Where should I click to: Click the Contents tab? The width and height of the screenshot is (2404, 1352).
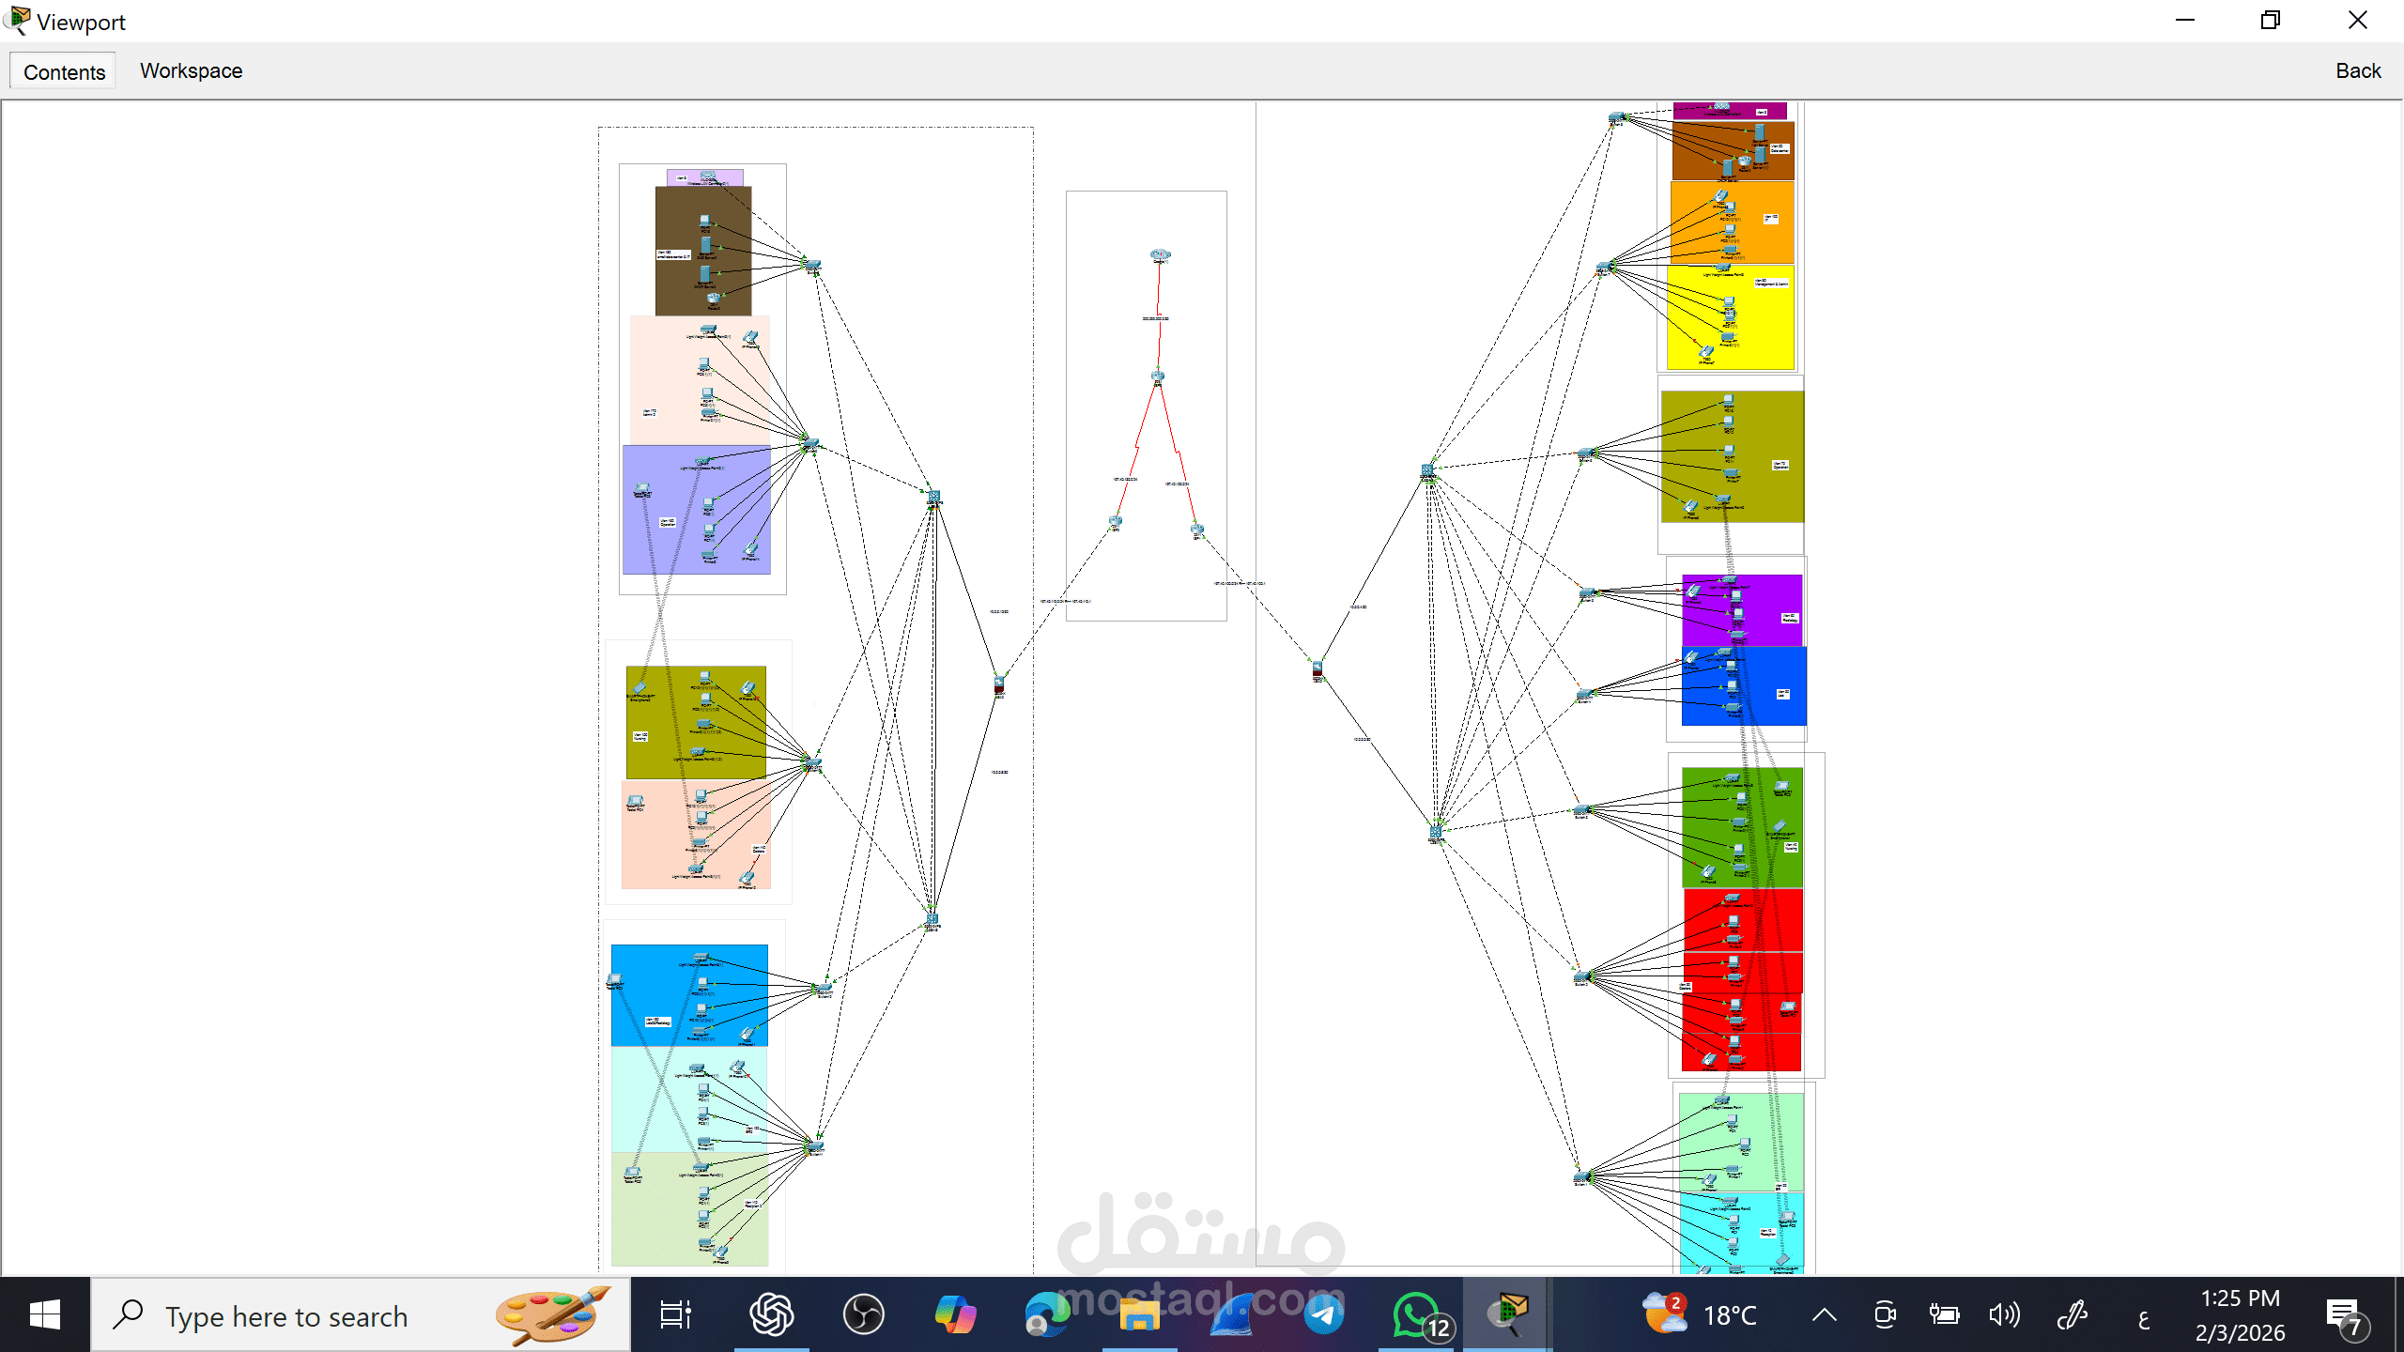[64, 71]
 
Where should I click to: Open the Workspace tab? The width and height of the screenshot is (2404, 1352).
[191, 70]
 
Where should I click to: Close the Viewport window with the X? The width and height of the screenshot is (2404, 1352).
[2357, 21]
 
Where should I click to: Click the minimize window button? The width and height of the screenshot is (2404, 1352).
[2185, 21]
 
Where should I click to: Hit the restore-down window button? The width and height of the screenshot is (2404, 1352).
[2271, 21]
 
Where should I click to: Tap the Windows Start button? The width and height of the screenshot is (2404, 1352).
[44, 1314]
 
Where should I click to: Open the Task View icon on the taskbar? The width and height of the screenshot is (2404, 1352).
[675, 1314]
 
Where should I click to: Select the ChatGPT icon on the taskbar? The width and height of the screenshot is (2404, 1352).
[771, 1314]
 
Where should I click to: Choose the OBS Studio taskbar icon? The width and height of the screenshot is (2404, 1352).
[863, 1314]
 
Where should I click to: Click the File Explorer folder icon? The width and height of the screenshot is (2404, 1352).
[1139, 1314]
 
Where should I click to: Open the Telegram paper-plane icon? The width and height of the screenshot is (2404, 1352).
[1323, 1314]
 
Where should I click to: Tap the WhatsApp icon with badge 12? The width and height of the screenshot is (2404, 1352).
[1415, 1314]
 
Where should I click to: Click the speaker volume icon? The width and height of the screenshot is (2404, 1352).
[2003, 1314]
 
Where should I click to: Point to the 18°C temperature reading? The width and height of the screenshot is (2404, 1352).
[1730, 1315]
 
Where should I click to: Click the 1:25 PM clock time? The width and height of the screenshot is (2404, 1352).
[2240, 1298]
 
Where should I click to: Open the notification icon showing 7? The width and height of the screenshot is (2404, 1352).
[2345, 1314]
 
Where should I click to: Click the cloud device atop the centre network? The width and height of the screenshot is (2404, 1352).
[1160, 254]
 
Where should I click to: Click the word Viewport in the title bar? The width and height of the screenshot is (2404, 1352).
[81, 22]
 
